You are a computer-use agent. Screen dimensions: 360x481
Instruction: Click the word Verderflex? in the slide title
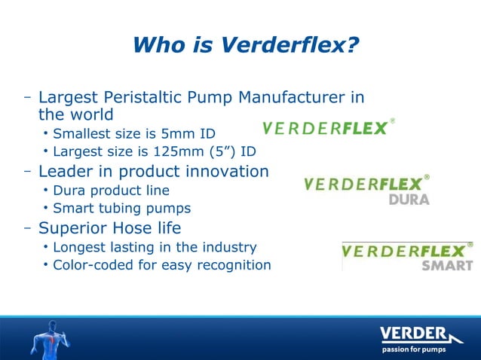coord(290,47)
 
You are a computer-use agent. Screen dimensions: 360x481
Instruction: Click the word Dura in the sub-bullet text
coord(68,191)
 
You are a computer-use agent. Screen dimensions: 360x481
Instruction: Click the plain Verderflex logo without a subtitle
coord(328,127)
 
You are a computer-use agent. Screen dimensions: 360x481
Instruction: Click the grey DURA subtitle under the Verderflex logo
coord(409,200)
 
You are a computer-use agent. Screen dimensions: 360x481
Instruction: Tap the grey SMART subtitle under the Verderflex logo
coord(447,265)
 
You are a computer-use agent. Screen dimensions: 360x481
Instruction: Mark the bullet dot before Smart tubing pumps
coord(46,209)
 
